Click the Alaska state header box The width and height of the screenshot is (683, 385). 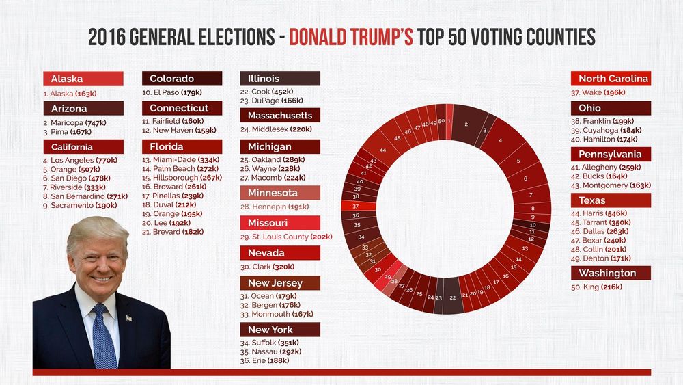83,79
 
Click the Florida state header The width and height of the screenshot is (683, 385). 182,147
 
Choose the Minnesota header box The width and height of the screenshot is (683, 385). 280,193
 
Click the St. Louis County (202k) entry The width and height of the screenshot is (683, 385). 286,237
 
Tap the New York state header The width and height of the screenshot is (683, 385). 280,330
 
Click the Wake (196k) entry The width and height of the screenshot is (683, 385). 598,92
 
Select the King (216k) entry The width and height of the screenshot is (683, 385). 600,287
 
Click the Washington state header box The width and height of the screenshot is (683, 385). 611,274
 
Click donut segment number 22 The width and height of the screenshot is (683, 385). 453,297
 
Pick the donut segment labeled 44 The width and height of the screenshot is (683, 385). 384,150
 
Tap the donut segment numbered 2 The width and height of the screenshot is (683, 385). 466,124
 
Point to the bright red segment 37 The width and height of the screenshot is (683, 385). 356,206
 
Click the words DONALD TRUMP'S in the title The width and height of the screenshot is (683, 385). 351,37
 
